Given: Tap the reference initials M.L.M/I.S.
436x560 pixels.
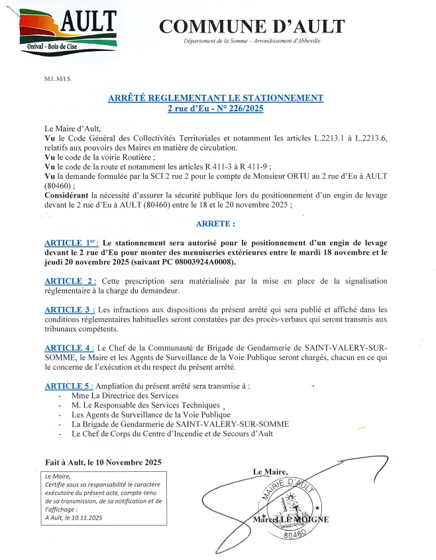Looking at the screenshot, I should click(58, 78).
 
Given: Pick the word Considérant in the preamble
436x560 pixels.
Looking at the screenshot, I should click(68, 194).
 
